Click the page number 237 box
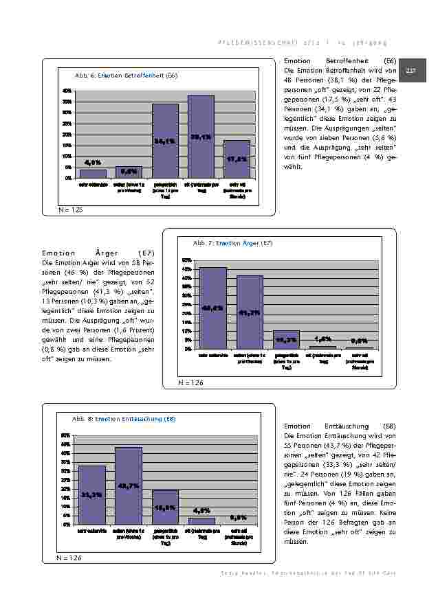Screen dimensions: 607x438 [412, 71]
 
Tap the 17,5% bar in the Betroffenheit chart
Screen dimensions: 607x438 [237, 159]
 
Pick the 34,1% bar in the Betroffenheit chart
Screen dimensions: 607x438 [165, 141]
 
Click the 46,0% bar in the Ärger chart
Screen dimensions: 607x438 [212, 308]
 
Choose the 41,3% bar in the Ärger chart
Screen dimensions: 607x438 [250, 312]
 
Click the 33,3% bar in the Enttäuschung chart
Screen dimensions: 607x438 [92, 494]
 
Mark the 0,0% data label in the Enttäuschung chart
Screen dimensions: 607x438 [239, 517]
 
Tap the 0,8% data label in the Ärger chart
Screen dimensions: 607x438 [359, 340]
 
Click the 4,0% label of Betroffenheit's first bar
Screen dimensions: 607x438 [93, 163]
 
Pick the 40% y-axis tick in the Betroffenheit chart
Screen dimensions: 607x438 [67, 91]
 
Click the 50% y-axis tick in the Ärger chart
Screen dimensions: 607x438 [187, 261]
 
